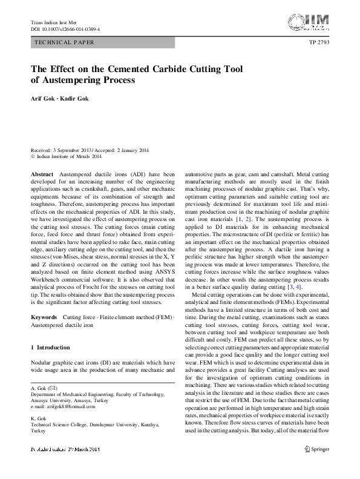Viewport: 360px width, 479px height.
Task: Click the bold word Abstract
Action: coord(42,173)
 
